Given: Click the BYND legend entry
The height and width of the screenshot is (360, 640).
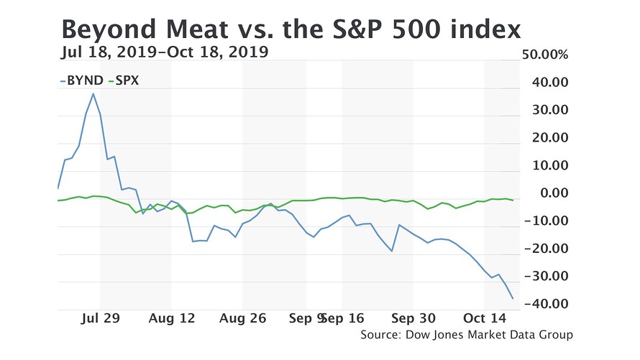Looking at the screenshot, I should click(83, 80).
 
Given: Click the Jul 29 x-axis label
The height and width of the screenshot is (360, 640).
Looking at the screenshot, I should click(100, 318).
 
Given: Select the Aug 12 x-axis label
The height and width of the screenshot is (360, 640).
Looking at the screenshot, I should click(171, 318).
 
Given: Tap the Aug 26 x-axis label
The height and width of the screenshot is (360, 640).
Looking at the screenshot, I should click(242, 318).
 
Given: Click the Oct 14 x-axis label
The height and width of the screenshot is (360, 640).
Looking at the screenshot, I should click(484, 318).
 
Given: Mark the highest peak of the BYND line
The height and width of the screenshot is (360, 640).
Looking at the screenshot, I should click(93, 93).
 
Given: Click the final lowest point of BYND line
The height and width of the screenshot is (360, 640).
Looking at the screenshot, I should click(513, 298).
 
